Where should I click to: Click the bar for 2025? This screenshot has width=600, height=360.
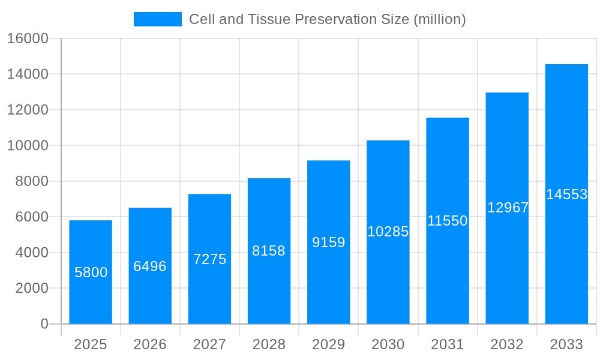pos(91,272)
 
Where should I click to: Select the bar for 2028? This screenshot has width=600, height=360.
pos(269,251)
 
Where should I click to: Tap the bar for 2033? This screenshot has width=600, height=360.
pos(566,194)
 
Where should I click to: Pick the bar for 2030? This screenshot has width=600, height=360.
pos(388,232)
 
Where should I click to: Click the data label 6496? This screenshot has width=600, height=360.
pos(150,266)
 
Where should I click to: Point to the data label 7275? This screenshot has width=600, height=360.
pos(209,259)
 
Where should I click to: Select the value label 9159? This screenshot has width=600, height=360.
pos(329,242)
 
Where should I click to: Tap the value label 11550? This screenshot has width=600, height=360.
pos(448,221)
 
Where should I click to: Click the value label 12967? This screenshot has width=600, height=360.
pos(508,208)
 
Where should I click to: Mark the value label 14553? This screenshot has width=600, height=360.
pos(566,194)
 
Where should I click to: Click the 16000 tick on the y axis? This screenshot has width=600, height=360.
pos(28,38)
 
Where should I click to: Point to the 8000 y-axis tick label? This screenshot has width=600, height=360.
pos(32,181)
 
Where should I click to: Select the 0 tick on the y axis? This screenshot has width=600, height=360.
pos(44,324)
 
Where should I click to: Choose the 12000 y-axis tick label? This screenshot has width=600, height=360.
pos(28,110)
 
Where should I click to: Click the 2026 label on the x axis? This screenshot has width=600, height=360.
pos(150,344)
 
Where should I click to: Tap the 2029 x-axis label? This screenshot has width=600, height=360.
pos(329,344)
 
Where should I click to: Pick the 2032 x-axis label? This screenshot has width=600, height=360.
pos(507,344)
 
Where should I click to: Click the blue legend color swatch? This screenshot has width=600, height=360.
pos(157,19)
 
